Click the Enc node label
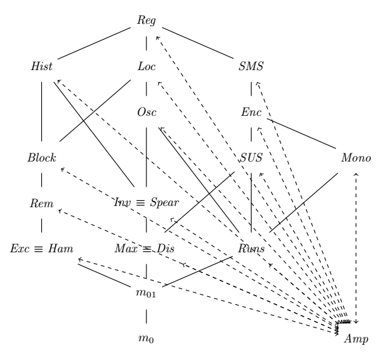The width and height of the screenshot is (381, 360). tap(251, 111)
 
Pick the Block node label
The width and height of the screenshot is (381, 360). tap(41, 157)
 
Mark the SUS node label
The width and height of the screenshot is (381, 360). tap(251, 157)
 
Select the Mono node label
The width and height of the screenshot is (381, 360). tap(355, 157)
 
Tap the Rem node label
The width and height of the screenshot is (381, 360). tap(41, 203)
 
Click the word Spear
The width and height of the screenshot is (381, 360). tap(166, 203)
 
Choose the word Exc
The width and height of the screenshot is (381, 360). tap(21, 249)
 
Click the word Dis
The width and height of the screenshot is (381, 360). tap(166, 249)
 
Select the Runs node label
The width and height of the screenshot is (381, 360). tap(251, 249)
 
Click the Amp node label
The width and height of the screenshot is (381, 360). tap(355, 339)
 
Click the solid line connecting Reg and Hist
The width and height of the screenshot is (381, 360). tap(94, 43)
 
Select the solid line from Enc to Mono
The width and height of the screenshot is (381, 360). tap(303, 134)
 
